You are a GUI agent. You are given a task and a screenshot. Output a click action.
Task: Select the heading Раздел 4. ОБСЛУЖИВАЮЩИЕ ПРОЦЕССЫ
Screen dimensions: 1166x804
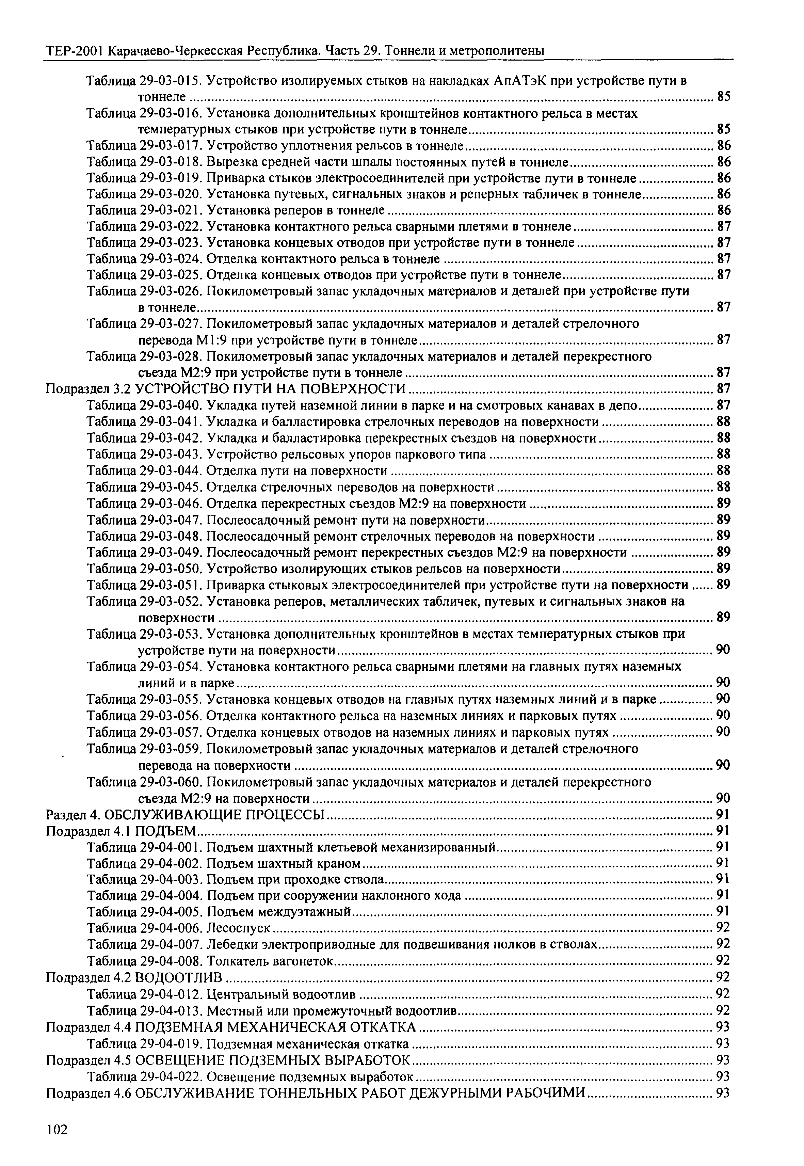tap(186, 815)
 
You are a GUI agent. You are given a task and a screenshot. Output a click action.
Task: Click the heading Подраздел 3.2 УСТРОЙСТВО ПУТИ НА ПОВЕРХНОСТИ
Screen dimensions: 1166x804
tap(226, 388)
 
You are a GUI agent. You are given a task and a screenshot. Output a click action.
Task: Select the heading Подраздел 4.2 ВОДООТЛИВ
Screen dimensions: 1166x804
tap(134, 977)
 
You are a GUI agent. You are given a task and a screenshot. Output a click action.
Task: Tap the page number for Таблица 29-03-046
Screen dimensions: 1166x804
tap(723, 504)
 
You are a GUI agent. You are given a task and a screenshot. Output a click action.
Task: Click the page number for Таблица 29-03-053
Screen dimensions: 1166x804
tap(723, 650)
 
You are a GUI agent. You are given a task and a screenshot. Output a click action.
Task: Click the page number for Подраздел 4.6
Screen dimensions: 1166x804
tap(723, 1092)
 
